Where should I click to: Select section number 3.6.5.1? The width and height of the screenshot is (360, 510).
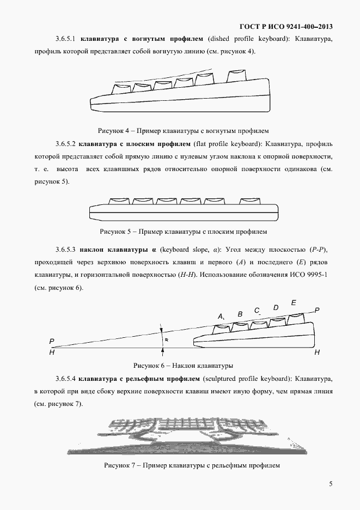point(65,39)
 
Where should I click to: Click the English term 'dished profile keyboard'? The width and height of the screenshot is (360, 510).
point(245,39)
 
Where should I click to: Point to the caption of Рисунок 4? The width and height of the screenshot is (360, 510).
point(183,131)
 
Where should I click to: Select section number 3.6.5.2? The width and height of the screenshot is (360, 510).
point(65,144)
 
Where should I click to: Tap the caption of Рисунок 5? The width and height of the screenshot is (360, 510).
point(183,232)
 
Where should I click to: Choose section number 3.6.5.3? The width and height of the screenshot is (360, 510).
point(65,250)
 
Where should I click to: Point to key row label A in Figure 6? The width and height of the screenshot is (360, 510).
point(221,317)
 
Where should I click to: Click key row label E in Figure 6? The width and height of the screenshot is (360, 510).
point(294,302)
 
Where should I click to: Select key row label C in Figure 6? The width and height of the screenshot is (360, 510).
point(257,310)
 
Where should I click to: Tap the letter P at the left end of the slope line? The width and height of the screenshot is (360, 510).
point(51,342)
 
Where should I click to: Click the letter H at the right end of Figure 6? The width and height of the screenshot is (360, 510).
point(317,353)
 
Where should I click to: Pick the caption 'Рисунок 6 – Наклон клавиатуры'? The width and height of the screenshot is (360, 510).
point(183,365)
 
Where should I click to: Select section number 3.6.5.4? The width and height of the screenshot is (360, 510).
point(65,379)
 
